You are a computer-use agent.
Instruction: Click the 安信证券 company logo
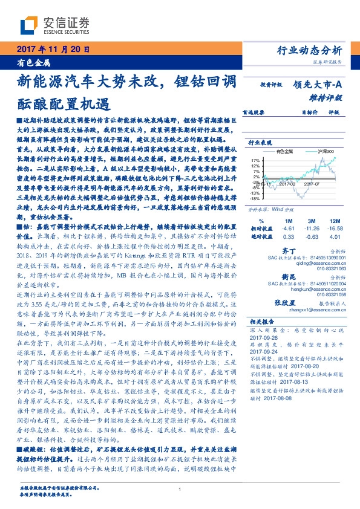click(x=54, y=25)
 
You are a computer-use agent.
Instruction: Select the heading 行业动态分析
click(x=313, y=50)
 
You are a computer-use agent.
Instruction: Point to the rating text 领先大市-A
click(x=321, y=85)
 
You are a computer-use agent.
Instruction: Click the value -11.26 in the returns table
click(x=312, y=229)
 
